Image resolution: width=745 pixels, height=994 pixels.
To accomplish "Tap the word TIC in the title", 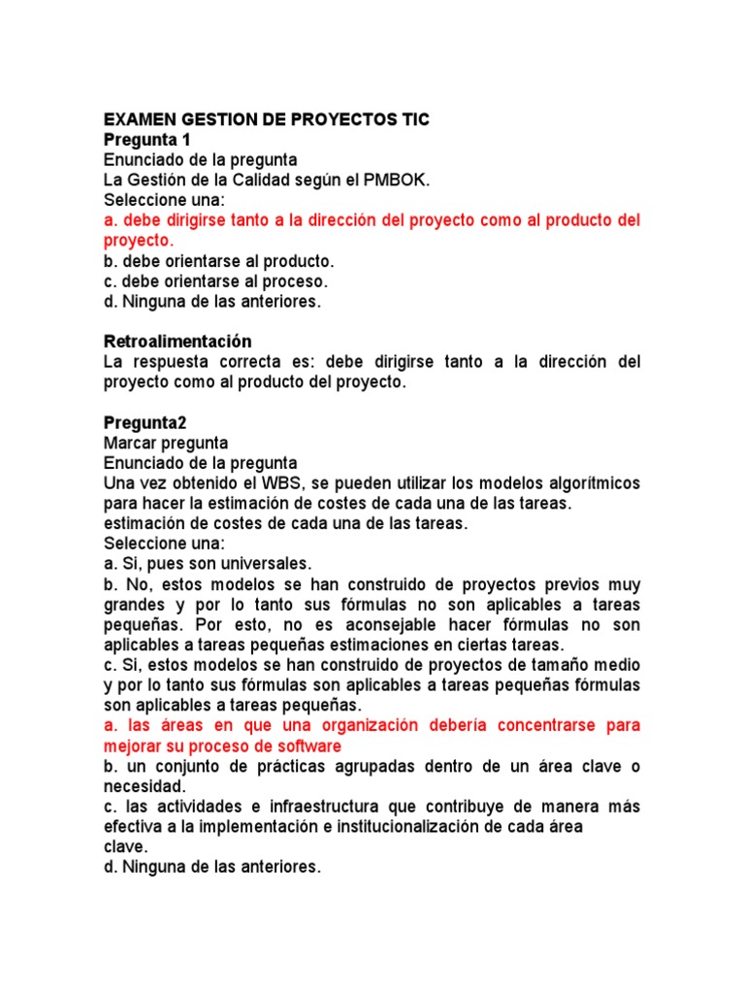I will click(410, 119).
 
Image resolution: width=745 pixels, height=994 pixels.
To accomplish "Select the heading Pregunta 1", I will click(146, 140).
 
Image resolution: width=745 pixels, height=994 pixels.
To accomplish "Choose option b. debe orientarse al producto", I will click(218, 261).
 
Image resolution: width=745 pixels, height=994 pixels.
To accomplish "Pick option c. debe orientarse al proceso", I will click(215, 282).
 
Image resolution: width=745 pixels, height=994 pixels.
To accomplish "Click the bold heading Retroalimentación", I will click(178, 342).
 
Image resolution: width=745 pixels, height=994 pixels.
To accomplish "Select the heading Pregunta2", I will click(145, 422).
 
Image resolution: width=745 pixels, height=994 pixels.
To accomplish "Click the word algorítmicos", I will click(584, 483).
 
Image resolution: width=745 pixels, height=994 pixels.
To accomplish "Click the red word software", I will click(308, 746).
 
